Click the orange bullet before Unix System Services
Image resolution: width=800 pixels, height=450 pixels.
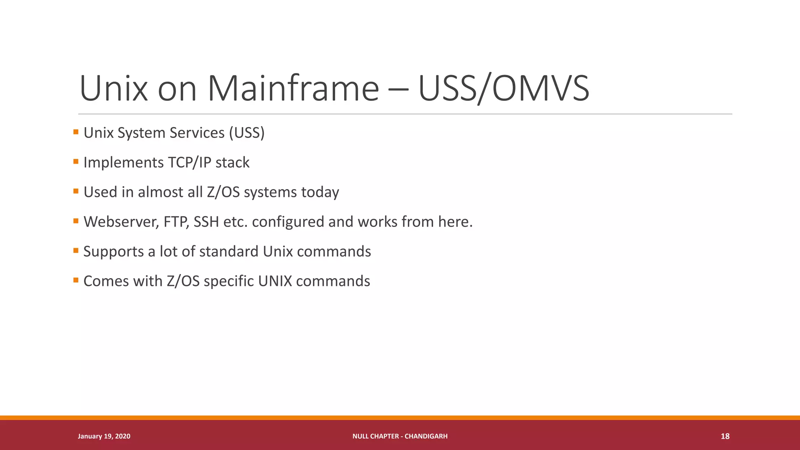coord(76,132)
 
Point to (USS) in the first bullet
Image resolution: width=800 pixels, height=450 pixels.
coord(246,133)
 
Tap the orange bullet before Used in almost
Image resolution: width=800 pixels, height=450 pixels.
coord(76,191)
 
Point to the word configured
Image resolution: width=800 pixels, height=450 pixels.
coord(288,222)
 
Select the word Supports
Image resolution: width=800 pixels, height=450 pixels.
coord(114,252)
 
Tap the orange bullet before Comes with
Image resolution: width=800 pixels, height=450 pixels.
coord(76,280)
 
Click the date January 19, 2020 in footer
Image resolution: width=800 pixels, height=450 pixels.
coord(104,436)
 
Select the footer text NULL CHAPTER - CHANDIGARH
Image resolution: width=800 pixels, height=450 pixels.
coord(400,436)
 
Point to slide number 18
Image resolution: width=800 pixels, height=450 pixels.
coord(725,436)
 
